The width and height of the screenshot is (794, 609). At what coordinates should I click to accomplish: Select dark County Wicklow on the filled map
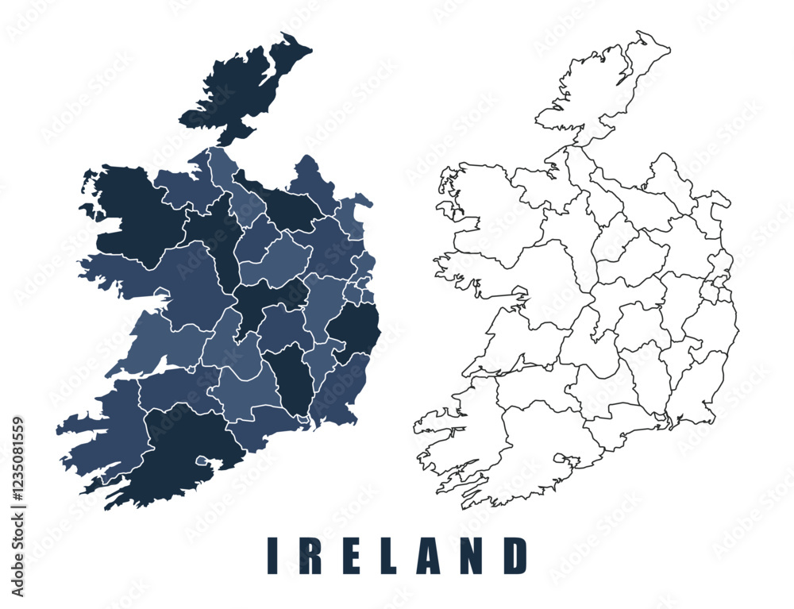tap(353, 330)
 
